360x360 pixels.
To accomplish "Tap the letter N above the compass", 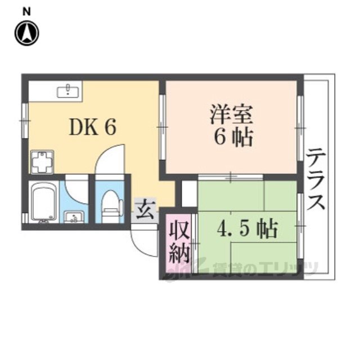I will (26, 11).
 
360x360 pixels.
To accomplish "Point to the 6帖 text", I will (231, 137).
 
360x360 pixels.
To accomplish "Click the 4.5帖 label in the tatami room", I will (248, 229).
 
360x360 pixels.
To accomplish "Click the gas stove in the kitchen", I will (42, 163).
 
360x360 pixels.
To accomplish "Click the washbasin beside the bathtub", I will (73, 216).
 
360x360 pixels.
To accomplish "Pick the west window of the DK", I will (24, 121).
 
